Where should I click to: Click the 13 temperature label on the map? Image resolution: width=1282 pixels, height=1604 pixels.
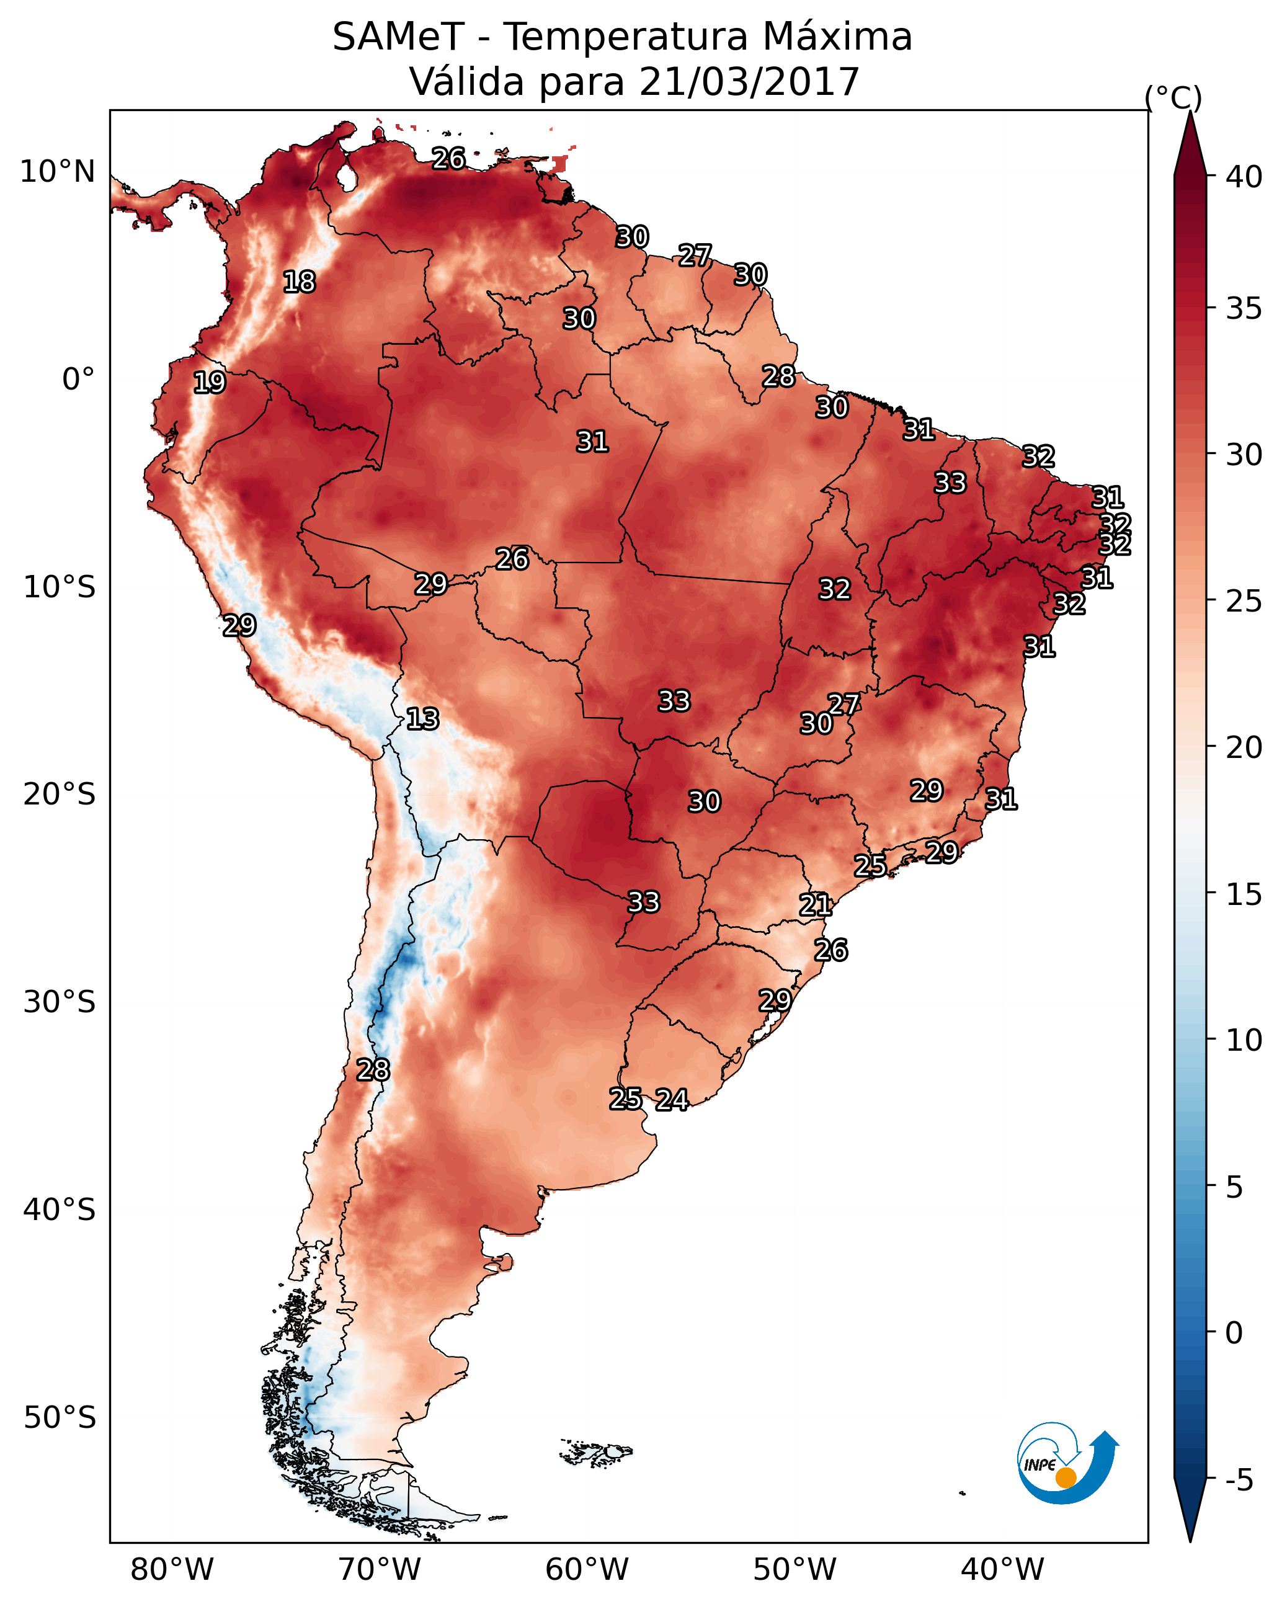point(422,719)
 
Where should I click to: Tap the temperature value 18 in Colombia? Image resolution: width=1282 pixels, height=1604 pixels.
point(299,282)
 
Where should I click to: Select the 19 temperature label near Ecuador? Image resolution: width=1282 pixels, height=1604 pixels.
point(209,383)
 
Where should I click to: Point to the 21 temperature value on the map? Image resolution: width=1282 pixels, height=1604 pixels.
point(816,905)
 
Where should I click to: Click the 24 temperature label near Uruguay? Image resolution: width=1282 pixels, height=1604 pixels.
point(672,1100)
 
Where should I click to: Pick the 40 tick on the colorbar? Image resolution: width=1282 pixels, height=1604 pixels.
point(1244,177)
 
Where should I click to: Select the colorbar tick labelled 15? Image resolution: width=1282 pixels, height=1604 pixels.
point(1244,894)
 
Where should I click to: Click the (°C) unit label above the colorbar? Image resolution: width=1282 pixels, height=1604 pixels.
point(1173,97)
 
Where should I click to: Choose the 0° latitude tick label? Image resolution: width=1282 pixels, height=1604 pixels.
point(78,380)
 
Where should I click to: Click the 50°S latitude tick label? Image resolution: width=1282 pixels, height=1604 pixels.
point(60,1418)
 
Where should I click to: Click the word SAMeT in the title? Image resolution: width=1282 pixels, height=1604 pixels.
point(398,37)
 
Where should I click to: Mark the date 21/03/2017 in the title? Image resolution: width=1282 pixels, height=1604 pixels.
point(749,82)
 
